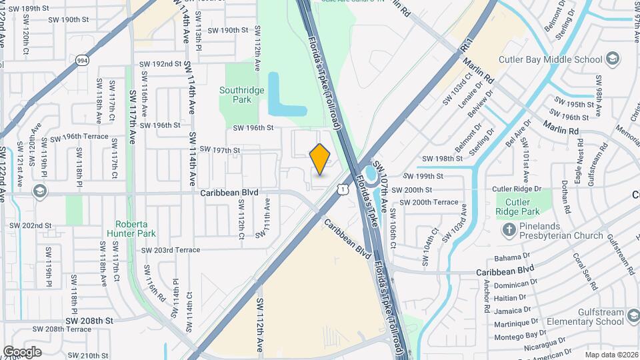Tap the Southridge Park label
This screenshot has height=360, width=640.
(236, 95)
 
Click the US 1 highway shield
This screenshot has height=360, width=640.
(342, 190)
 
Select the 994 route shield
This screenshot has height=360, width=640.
(82, 61)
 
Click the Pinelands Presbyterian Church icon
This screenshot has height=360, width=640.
(508, 230)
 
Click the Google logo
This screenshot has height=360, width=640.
(22, 352)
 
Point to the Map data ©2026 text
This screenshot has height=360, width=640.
(611, 355)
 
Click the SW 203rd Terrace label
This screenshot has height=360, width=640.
(170, 250)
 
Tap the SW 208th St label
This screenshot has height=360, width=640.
(90, 321)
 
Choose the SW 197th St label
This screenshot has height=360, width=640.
(219, 151)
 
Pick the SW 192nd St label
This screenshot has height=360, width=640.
(161, 64)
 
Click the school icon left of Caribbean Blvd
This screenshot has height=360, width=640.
(39, 192)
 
